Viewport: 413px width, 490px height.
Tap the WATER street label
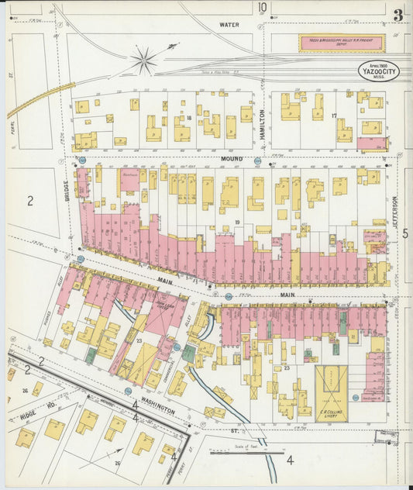point(229,25)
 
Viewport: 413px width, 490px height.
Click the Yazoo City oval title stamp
point(377,71)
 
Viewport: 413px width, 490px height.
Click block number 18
point(188,117)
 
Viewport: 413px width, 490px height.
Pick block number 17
point(333,116)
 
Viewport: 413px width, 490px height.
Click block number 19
point(238,223)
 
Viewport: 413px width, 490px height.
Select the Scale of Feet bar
point(237,451)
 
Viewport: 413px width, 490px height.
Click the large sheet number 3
point(398,15)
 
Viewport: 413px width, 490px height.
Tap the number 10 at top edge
point(263,9)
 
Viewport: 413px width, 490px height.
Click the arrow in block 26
point(113,450)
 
